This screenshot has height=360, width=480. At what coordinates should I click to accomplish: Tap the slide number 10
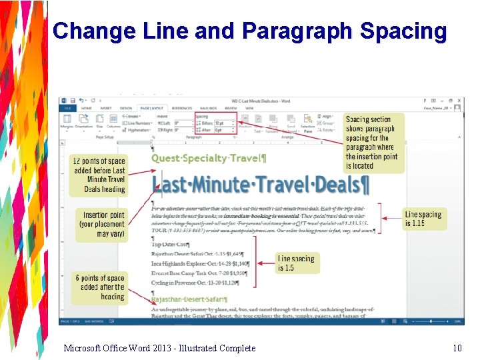(x=457, y=348)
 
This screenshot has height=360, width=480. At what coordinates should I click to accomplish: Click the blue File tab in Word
(x=67, y=107)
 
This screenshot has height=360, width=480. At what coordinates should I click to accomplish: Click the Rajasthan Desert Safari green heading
(x=189, y=300)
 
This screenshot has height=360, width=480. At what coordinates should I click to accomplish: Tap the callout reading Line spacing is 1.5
(x=294, y=263)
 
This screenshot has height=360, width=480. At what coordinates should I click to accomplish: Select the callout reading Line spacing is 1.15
(x=423, y=219)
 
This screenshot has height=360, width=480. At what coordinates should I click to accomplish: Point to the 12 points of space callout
(x=98, y=175)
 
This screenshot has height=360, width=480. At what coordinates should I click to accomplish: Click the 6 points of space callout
(x=100, y=287)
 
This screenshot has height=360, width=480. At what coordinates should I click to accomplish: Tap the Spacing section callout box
(x=373, y=143)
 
